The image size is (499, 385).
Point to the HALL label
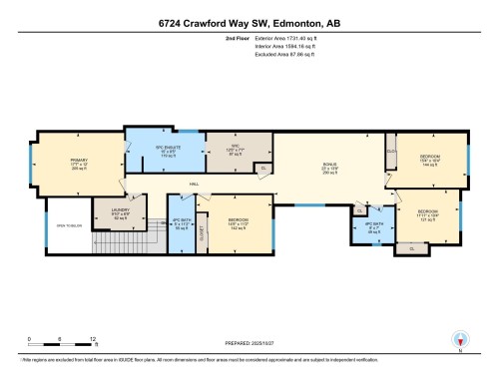click(x=184, y=184)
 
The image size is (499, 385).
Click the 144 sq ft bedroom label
click(x=428, y=159)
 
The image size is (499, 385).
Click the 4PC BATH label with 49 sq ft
click(x=373, y=228)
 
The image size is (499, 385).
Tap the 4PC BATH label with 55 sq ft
click(x=182, y=223)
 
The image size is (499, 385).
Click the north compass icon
click(x=460, y=339)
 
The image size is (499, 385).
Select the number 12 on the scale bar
click(x=92, y=339)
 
